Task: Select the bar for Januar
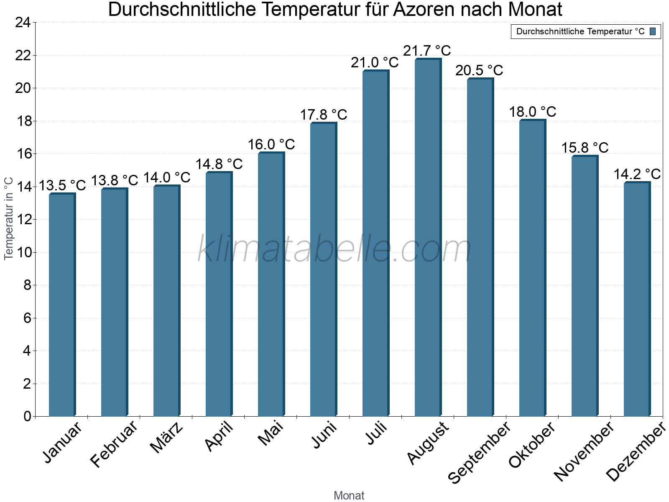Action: tap(62, 305)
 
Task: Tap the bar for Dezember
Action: tap(637, 300)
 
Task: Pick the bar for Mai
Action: tap(271, 284)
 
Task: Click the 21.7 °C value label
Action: tap(427, 51)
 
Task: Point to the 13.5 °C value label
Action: tap(62, 185)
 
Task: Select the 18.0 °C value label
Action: tap(532, 112)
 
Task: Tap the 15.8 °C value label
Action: tap(585, 148)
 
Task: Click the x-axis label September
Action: tap(479, 452)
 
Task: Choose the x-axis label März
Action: tap(166, 438)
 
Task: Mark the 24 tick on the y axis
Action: tap(23, 23)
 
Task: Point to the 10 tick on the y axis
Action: tap(23, 253)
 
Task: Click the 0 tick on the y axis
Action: tap(28, 417)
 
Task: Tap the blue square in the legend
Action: tap(653, 31)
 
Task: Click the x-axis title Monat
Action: tap(349, 496)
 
